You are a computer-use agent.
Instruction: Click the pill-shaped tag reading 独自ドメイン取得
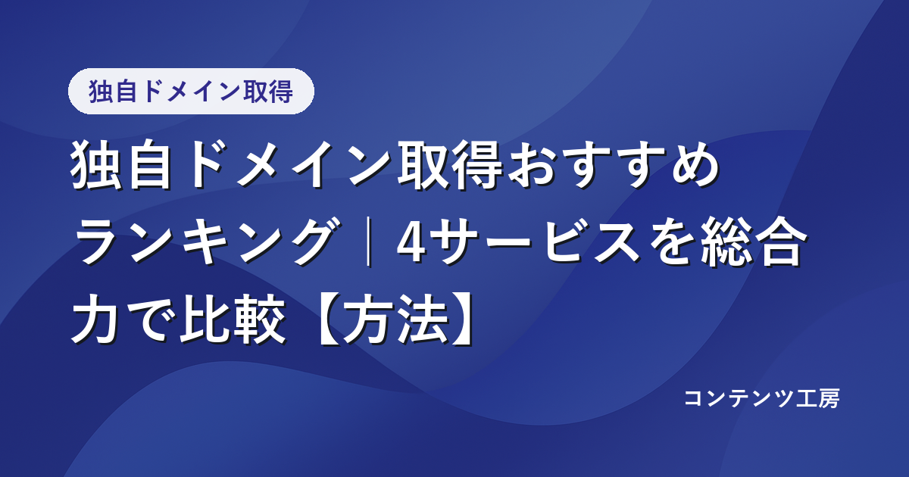coord(191,92)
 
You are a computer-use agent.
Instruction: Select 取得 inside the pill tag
coord(268,92)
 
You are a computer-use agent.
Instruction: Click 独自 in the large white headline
coord(121,165)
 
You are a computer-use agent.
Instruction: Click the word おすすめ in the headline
coord(613,165)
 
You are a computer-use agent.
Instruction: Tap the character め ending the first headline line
coord(695,165)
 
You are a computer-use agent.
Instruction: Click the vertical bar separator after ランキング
coord(368,242)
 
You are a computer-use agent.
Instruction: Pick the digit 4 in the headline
coord(411,242)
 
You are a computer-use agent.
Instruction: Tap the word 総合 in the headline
coord(752,242)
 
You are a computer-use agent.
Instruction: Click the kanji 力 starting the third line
coord(95,319)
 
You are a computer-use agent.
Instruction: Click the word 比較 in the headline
coord(233,319)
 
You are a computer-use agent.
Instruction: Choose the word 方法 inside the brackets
coord(395,319)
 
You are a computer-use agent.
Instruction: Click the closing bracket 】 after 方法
coord(463,320)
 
